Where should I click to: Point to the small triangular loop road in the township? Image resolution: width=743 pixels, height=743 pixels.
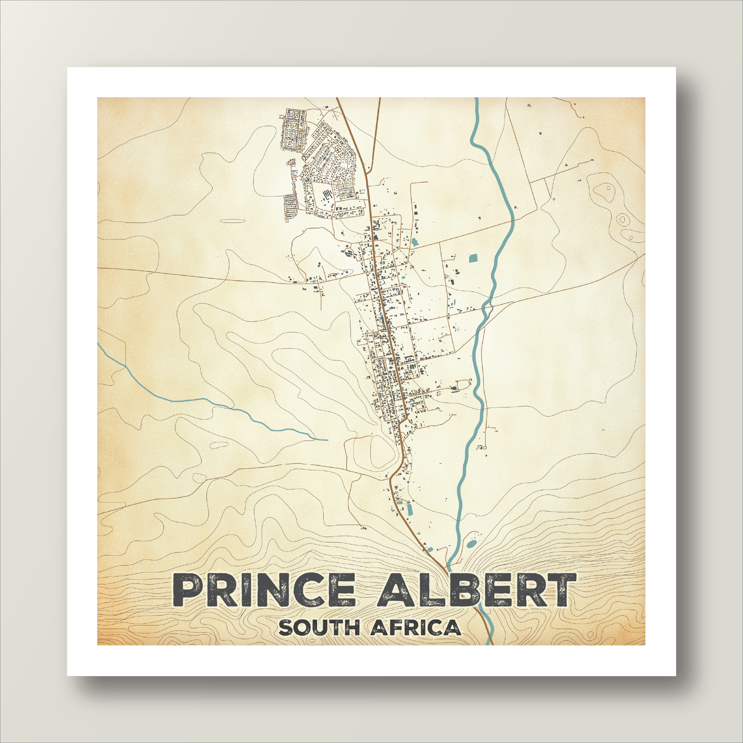coord(291,162)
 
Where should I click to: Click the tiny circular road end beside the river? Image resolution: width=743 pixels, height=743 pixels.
coord(485,447)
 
